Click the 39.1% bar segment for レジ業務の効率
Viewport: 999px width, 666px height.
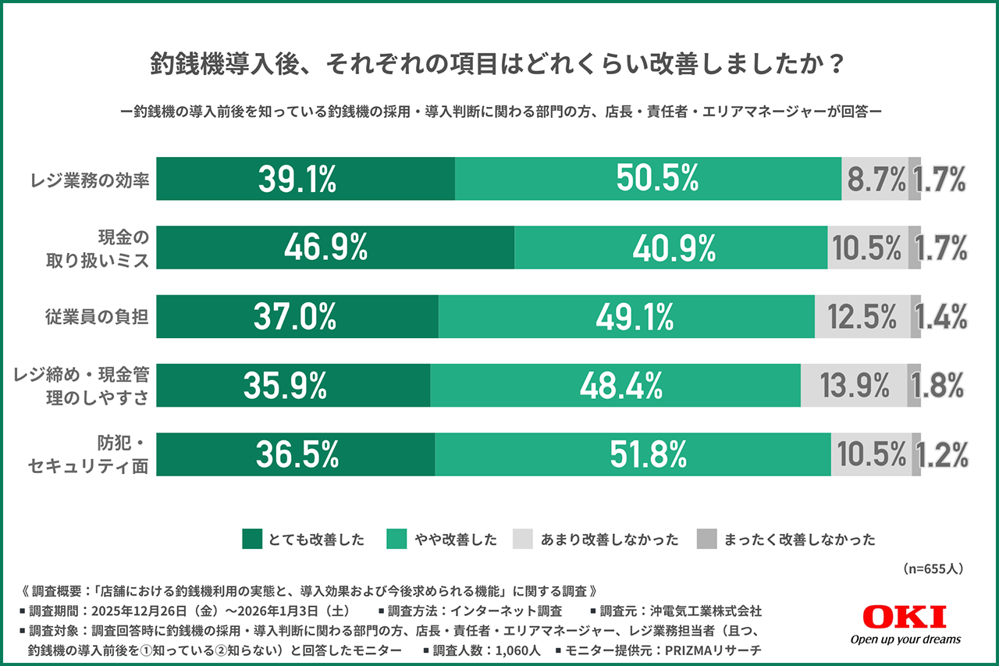pyautogui.click(x=305, y=179)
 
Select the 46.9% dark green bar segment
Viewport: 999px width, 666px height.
pyautogui.click(x=335, y=248)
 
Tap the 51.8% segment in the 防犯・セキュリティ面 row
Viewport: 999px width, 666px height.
pyautogui.click(x=632, y=454)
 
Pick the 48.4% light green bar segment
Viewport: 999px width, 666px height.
pyautogui.click(x=615, y=385)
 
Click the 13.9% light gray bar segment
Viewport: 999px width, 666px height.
pyautogui.click(x=854, y=385)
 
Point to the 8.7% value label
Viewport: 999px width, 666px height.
pyautogui.click(x=876, y=180)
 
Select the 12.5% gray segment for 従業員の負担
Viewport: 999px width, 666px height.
pyautogui.click(x=862, y=316)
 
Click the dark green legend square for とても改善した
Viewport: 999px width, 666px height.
pyautogui.click(x=252, y=539)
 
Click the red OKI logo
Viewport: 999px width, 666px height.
pyautogui.click(x=905, y=617)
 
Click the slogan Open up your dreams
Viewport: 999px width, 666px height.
pyautogui.click(x=905, y=639)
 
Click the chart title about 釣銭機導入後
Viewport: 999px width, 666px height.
pyautogui.click(x=499, y=64)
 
